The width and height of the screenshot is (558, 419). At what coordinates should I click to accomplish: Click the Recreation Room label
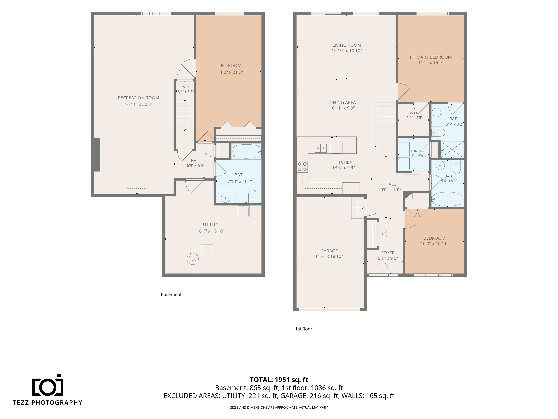coord(138,98)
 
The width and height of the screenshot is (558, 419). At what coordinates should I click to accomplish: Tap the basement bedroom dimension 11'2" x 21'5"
coord(230,72)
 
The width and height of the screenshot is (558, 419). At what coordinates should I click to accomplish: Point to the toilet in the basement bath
coord(252,197)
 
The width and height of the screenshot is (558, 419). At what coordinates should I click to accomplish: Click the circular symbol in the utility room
coord(193,259)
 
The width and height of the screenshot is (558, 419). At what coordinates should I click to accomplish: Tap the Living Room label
coord(347,45)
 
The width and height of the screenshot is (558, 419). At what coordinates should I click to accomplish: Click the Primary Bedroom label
coord(431,57)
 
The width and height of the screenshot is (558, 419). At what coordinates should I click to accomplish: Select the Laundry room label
coord(416,151)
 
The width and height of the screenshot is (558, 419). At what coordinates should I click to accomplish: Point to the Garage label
coord(329,251)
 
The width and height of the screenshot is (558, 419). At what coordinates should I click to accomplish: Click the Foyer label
coord(388,253)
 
